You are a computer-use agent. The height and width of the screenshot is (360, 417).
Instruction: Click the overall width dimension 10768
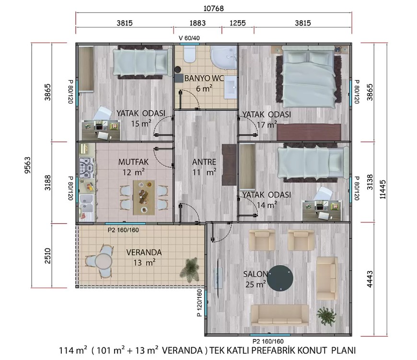214,8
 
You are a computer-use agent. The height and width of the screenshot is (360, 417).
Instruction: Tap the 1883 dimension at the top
197,23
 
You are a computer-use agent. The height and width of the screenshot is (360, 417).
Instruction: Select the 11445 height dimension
382,189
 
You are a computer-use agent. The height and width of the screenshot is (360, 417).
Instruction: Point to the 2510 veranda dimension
47,255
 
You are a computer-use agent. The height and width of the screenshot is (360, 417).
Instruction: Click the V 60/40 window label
189,38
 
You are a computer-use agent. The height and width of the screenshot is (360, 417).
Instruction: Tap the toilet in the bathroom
190,54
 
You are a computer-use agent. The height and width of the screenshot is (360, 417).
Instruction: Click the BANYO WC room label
204,78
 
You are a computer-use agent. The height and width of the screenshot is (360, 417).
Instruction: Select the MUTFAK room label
133,162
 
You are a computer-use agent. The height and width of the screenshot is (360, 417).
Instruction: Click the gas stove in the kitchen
87,168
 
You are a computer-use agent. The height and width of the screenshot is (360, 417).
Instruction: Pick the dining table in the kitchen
144,197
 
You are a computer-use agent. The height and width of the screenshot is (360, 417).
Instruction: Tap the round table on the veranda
104,262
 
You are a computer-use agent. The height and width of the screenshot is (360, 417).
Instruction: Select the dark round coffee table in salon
280,278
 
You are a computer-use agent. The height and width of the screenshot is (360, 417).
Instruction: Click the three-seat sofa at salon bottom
280,315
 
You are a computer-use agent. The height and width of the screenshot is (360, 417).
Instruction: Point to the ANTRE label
204,162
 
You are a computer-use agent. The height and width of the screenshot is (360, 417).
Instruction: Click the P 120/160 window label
199,303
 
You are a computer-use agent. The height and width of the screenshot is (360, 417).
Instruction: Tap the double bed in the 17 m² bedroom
309,76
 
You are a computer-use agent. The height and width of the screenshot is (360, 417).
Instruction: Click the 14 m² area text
267,205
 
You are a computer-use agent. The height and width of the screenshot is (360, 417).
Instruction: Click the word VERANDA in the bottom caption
182,350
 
